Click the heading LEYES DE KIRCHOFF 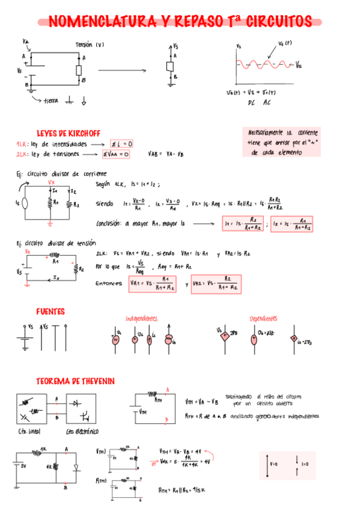68,133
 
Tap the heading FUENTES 50,312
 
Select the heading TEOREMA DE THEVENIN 75,381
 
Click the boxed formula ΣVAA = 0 116,154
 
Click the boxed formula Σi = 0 121,144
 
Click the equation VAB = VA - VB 166,154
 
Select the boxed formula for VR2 216,283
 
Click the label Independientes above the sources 141,318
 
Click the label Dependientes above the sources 263,318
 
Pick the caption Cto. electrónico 82,432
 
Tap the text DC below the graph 252,103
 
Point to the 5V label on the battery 25,465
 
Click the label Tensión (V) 90,45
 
